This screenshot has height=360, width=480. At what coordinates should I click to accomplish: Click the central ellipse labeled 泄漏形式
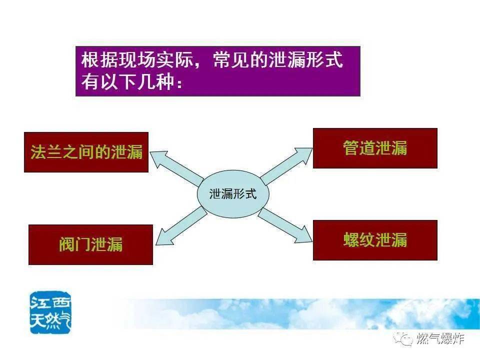[x=232, y=194]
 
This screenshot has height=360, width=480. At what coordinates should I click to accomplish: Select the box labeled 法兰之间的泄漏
[x=86, y=152]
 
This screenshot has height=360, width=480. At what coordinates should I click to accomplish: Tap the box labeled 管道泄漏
[x=375, y=148]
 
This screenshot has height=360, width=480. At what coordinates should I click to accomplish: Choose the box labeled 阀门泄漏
[x=90, y=244]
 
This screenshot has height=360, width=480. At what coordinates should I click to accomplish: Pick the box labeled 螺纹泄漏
[x=375, y=240]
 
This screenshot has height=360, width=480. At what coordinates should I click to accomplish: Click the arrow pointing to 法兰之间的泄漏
[x=176, y=168]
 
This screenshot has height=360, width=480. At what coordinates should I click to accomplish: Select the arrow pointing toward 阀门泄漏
[x=181, y=226]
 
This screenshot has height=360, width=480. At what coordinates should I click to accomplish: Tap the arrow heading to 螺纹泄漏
[x=284, y=225]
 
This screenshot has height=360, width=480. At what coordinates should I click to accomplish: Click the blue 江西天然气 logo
[x=50, y=312]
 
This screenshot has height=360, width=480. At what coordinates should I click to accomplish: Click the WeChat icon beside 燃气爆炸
[x=403, y=338]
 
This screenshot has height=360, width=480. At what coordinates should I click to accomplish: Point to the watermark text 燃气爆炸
[x=440, y=338]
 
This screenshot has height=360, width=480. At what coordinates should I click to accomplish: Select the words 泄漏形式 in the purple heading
[x=305, y=59]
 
